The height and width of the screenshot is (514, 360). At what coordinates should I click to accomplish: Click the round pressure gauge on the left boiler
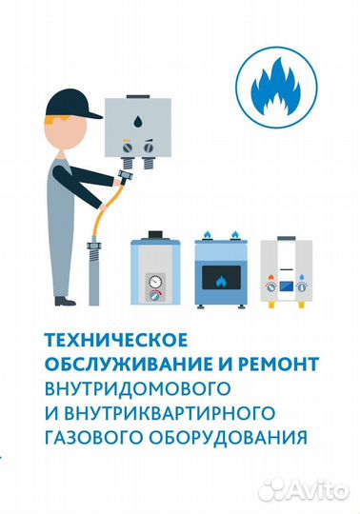(x=154, y=282)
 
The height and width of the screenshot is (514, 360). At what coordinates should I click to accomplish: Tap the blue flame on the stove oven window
(x=223, y=281)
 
